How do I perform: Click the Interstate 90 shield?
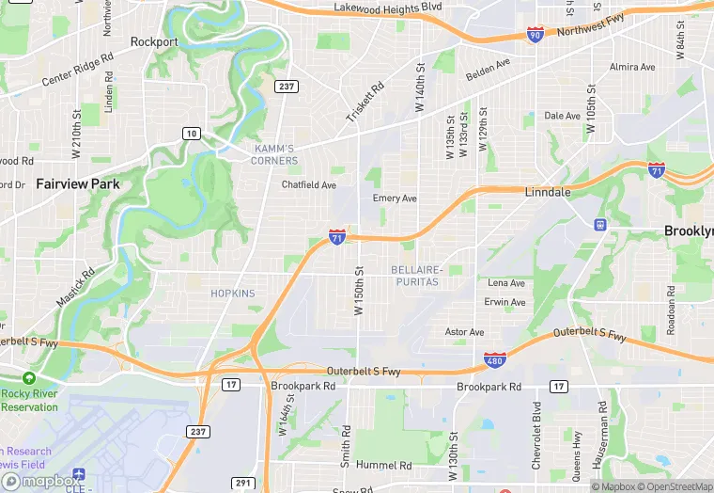point(535,35)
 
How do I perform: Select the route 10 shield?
point(191,134)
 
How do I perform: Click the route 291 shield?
point(243,484)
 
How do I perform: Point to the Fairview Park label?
point(78,184)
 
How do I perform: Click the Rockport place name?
point(154,41)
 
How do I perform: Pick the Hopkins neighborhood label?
point(233,294)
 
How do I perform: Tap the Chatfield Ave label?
point(309,185)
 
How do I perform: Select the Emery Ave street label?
point(395,199)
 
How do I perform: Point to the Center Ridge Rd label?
point(78,69)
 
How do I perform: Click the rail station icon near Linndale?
point(599,225)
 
